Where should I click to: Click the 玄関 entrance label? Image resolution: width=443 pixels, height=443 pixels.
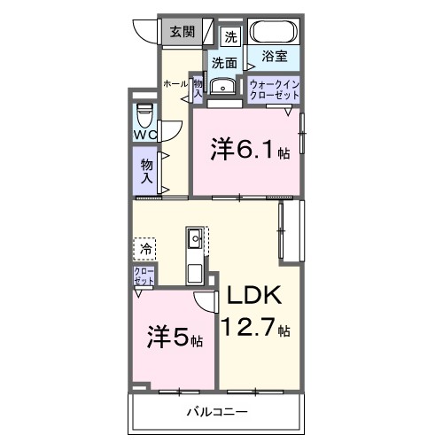tap(183, 32)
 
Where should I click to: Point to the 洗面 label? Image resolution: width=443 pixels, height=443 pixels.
tap(224, 63)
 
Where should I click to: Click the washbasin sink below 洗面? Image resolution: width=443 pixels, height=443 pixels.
tap(224, 86)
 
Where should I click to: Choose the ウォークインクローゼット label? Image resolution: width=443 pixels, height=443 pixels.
tap(274, 89)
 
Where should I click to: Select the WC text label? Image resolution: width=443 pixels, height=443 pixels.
tap(144, 135)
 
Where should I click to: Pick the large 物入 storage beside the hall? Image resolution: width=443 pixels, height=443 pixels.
tap(145, 170)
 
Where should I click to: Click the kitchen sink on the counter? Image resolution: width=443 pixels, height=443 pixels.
tap(195, 237)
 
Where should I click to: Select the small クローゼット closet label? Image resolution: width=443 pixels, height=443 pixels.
tap(143, 276)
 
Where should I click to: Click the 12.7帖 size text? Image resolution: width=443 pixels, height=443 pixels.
tap(256, 327)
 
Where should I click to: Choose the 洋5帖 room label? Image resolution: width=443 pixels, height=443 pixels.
tap(175, 338)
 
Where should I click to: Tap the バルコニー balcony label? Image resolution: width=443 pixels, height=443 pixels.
tap(216, 413)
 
